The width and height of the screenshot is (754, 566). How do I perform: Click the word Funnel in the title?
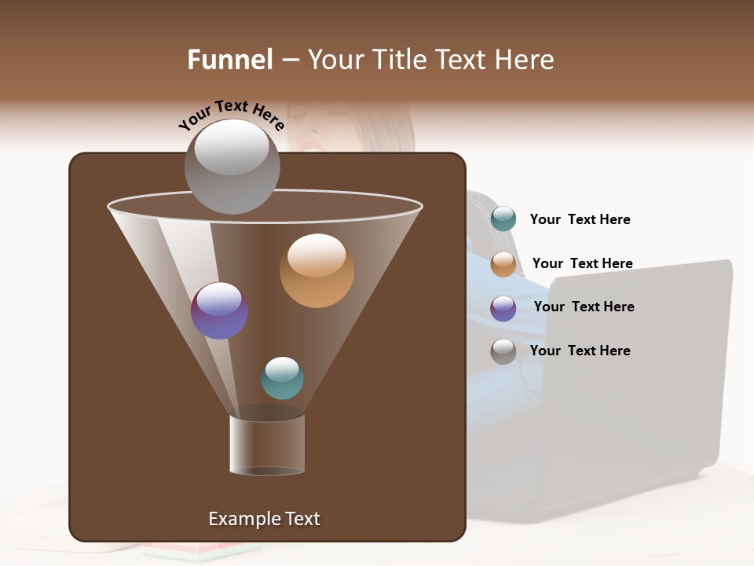230,60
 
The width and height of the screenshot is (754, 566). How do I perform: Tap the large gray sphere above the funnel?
232,166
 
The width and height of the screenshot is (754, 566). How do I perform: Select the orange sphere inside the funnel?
317,270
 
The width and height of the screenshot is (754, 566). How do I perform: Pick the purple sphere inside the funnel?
220,311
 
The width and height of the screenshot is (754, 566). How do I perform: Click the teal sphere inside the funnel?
282,378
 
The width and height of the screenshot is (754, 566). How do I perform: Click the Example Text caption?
264,519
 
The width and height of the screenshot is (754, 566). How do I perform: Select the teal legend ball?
503,219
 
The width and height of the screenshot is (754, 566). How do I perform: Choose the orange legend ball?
503,264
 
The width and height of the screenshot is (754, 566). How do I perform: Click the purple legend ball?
503,308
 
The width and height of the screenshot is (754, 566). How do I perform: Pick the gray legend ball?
503,351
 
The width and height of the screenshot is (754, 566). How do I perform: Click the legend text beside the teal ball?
580,220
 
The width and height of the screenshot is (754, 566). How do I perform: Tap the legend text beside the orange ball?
582,263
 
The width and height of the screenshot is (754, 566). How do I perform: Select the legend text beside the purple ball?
584,307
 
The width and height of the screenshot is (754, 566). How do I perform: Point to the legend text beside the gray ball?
580,351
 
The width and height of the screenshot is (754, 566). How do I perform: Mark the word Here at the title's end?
528,60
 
